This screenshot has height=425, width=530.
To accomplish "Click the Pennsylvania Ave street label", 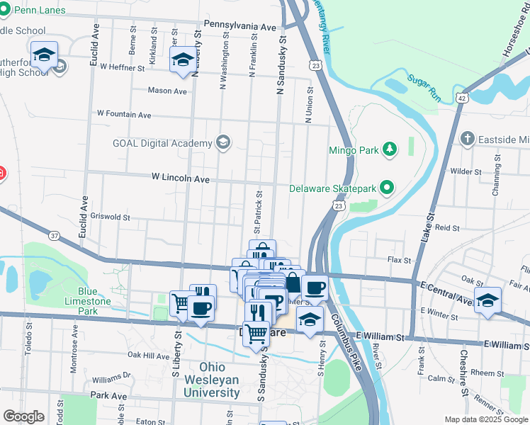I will pos(239,26).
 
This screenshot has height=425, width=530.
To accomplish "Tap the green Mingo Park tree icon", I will pos(388,149).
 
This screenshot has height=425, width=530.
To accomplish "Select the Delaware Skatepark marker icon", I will pos(386,188).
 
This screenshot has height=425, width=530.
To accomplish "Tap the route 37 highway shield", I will pos(55,234).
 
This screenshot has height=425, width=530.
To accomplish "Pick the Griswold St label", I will pos(106,217).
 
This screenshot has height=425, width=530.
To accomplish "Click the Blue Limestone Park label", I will pos(97,301).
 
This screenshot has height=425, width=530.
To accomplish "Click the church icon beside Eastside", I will pos(467,138).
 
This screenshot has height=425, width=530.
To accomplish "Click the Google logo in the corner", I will pos(23,416).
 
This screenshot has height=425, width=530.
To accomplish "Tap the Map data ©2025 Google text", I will pos(485,419).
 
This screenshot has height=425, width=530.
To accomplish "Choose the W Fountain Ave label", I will pos(124,113).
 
